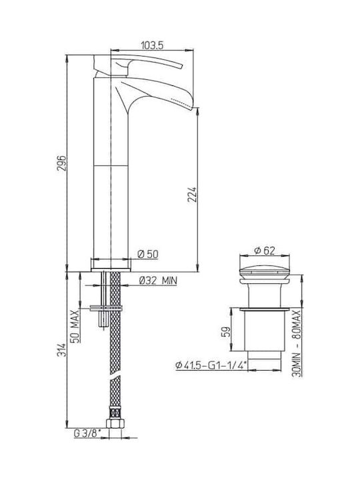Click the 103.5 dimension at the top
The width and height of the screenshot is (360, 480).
click(x=152, y=45)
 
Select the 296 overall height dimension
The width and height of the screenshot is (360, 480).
click(x=61, y=163)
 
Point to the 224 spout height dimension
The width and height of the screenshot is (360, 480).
click(x=192, y=195)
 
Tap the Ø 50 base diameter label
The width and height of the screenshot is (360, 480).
click(x=148, y=254)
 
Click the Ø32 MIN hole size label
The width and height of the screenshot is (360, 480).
click(x=158, y=281)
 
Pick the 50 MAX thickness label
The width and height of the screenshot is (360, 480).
click(x=75, y=326)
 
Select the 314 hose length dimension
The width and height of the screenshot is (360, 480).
click(x=61, y=349)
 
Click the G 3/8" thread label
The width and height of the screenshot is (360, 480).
click(x=87, y=433)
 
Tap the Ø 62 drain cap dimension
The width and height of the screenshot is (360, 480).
click(x=265, y=251)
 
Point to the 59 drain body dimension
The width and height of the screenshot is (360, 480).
click(x=225, y=332)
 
